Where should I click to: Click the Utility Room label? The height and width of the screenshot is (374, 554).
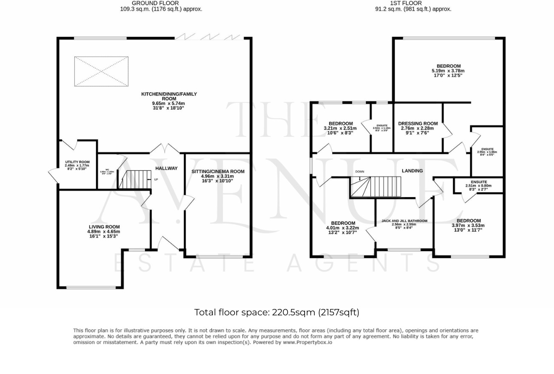77,165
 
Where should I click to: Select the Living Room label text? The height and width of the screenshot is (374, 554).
104,231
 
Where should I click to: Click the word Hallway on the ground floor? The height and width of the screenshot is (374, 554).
166,168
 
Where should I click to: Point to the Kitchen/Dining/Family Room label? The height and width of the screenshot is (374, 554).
169,101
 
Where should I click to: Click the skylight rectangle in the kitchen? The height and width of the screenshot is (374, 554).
101,71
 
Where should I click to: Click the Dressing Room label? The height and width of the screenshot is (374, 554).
418,128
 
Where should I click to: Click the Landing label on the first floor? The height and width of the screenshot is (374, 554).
412,171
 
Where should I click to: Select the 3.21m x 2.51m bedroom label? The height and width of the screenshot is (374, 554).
338,128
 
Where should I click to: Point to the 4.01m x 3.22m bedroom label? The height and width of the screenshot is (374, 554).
343,227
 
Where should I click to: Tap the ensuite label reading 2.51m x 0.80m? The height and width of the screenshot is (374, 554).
478,185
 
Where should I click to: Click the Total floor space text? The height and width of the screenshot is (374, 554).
277,312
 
